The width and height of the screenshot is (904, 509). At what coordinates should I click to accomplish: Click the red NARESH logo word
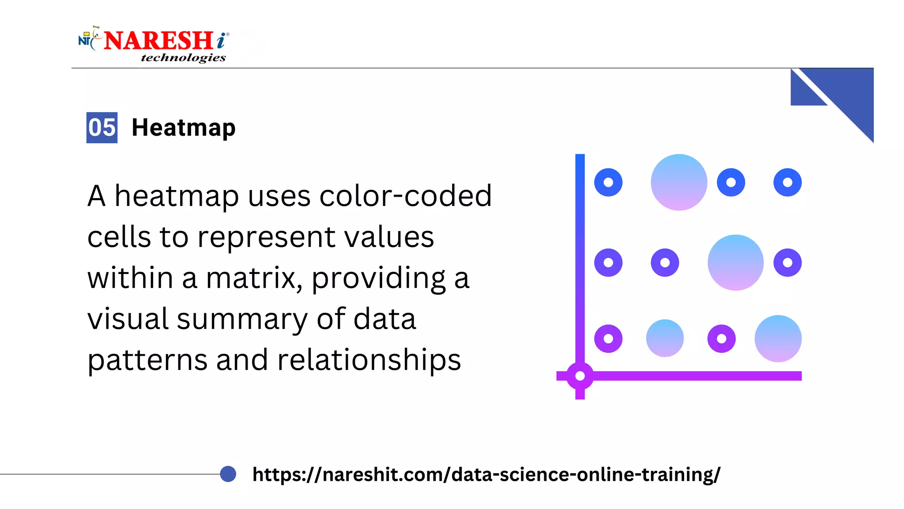159,41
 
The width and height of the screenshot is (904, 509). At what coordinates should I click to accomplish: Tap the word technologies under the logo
183,58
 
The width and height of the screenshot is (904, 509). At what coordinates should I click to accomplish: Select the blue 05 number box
102,128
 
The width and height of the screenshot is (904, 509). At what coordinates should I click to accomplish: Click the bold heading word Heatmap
184,128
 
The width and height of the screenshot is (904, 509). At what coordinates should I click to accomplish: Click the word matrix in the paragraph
254,278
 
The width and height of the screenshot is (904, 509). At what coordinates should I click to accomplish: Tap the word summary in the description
242,319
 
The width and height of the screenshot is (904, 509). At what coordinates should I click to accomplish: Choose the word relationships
369,360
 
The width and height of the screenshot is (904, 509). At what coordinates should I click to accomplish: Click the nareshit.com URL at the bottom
486,475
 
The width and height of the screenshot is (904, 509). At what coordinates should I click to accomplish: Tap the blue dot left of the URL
228,474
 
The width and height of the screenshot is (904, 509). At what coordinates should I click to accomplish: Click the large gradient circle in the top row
679,182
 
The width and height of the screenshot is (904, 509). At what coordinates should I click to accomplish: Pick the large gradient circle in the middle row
735,262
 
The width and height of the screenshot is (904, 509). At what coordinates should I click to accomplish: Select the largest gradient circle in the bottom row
778,338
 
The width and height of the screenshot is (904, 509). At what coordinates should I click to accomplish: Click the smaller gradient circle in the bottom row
665,338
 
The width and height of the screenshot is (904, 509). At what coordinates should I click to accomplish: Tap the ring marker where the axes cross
580,376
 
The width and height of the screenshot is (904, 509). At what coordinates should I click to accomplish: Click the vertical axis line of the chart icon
580,256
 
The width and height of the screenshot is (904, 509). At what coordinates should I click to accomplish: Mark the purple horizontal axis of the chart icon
697,376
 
